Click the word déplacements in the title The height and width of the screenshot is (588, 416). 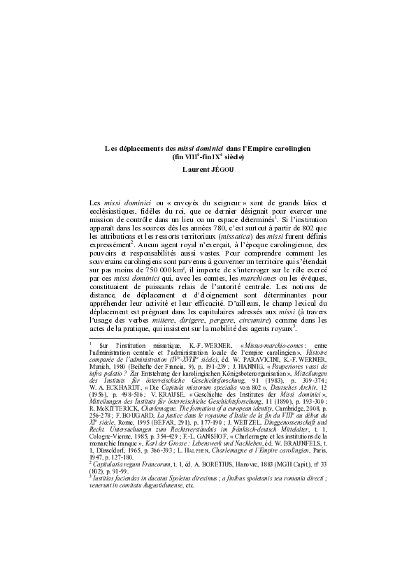coord(138,149)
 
